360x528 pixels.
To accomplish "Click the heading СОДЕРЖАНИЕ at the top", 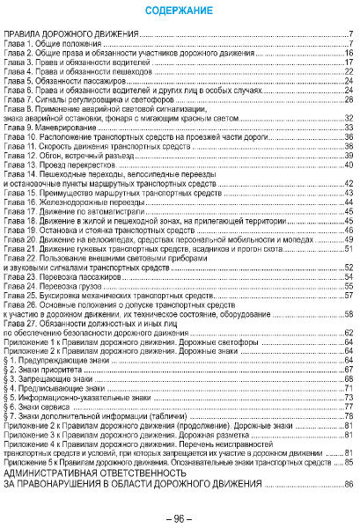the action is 180,11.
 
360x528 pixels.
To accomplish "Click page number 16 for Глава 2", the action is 349,55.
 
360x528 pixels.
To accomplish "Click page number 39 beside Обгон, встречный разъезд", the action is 349,155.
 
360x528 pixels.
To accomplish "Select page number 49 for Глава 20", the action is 349,239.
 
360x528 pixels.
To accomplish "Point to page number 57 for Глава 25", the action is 349,297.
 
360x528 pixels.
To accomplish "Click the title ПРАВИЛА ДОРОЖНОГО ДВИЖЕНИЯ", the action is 71,33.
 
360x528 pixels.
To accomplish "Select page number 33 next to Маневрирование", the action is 349,127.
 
